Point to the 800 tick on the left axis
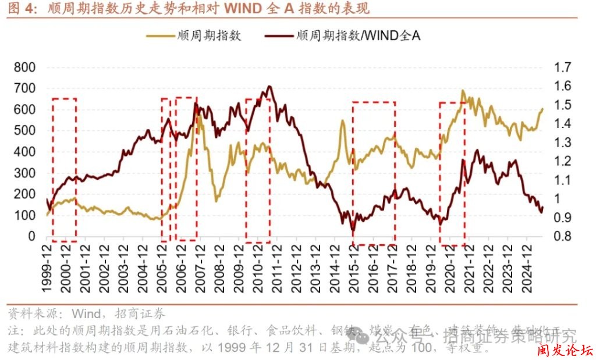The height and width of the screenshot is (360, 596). (24, 67)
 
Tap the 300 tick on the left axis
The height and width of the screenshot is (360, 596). (24, 173)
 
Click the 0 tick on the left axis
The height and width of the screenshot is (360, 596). (31, 237)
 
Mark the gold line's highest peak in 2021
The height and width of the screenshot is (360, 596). (463, 91)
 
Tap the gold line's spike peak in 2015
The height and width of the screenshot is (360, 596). (342, 121)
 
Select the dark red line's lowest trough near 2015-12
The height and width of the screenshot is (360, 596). (353, 230)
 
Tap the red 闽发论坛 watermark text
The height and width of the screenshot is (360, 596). (564, 351)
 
